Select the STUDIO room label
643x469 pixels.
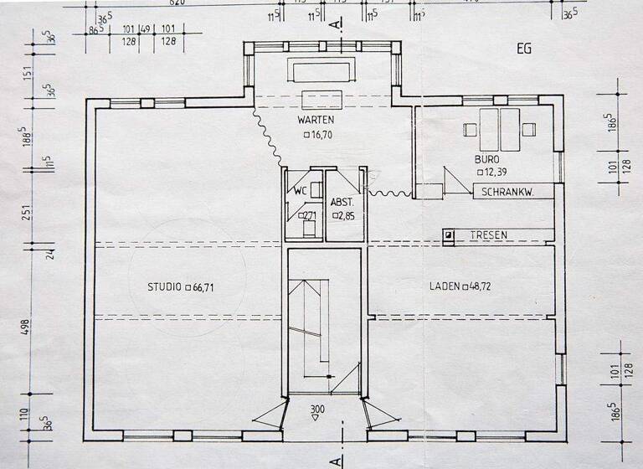pyautogui.click(x=165, y=286)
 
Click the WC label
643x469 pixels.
pyautogui.click(x=299, y=191)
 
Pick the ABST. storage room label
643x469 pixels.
pyautogui.click(x=343, y=202)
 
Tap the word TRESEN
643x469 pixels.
pyautogui.click(x=488, y=235)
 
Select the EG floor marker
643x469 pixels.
pyautogui.click(x=524, y=49)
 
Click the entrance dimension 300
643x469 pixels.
pyautogui.click(x=316, y=410)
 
